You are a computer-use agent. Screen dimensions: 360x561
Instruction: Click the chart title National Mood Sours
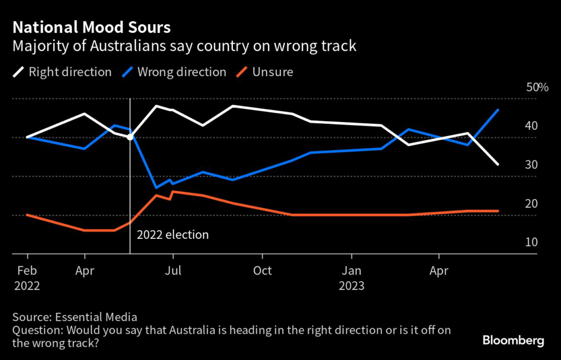tap(91, 27)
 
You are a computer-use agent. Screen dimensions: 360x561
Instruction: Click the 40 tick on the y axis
tap(531, 126)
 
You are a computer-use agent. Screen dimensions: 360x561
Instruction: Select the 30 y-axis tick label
tap(531, 165)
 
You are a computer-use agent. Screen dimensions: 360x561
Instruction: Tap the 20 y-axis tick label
tap(531, 204)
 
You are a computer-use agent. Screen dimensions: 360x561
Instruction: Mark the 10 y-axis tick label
tap(531, 242)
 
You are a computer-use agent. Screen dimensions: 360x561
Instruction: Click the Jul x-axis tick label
tap(173, 271)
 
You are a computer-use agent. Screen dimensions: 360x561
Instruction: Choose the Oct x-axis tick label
tap(262, 271)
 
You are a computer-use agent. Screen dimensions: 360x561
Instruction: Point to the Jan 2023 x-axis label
tap(351, 278)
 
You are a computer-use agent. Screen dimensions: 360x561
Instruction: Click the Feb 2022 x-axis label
tap(27, 278)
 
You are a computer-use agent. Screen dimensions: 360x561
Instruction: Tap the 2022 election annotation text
tap(173, 235)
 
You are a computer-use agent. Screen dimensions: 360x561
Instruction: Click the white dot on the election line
tap(130, 137)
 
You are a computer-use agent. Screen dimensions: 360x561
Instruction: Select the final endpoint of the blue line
tap(497, 110)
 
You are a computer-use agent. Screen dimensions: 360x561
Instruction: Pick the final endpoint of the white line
tap(497, 164)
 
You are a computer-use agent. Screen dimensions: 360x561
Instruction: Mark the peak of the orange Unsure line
tap(173, 191)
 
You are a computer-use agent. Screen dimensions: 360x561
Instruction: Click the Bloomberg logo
tap(513, 341)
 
